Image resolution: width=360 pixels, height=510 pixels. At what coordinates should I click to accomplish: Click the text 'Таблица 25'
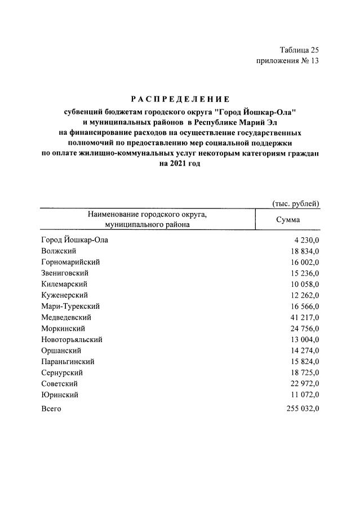coord(299,51)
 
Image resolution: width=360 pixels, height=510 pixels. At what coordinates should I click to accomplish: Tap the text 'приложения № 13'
coord(287,61)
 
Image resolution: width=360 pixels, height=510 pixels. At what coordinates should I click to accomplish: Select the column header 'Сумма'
coord(287,220)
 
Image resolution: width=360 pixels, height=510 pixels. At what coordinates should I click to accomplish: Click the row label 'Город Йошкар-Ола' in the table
coord(74,240)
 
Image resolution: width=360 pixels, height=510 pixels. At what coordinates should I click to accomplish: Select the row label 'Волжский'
coord(59,251)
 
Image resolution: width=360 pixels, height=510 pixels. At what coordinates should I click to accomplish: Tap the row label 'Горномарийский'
coord(70,262)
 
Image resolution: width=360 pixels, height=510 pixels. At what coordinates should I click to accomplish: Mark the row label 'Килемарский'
coord(64,284)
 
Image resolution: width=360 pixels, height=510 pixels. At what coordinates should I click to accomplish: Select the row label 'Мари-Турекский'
coord(70,306)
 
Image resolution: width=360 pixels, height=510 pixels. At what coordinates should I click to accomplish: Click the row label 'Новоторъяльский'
coord(72,339)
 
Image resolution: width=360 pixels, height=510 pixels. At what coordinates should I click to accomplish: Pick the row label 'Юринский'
coord(60,394)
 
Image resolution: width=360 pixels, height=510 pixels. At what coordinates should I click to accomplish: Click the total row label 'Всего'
coord(51,409)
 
